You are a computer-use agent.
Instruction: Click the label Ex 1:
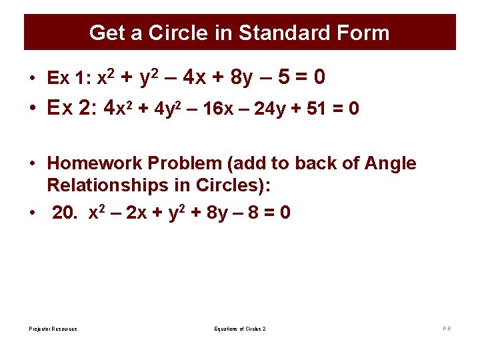click(x=69, y=79)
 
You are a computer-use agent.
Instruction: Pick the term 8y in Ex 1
click(x=241, y=79)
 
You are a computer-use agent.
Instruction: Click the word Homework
click(x=91, y=163)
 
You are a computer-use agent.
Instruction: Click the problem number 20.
click(x=63, y=213)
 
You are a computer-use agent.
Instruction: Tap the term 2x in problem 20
click(x=137, y=213)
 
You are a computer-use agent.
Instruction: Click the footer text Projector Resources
click(x=53, y=329)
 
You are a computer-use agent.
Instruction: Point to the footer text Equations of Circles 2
click(x=240, y=329)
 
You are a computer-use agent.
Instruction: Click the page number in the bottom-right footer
click(x=447, y=329)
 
